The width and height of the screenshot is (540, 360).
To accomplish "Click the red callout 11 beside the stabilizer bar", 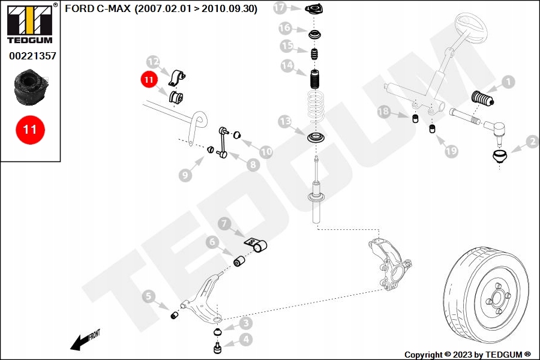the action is (x=149, y=80).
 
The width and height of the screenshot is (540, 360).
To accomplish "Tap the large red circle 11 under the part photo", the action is (x=30, y=130).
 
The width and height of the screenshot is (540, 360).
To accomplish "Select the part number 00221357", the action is (x=32, y=56).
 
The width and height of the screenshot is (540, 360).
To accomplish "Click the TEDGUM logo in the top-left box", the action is (x=30, y=24).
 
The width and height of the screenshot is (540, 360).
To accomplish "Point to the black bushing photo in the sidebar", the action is (x=30, y=87).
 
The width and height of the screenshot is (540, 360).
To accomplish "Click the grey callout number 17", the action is (x=280, y=8).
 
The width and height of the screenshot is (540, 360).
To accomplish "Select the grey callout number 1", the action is (x=508, y=82).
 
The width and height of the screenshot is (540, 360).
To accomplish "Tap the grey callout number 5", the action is (x=148, y=296).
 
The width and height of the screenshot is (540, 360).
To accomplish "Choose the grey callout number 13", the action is (x=285, y=122).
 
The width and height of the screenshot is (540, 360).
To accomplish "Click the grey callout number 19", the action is (x=451, y=151).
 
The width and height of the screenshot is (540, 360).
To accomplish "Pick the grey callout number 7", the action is (x=224, y=224).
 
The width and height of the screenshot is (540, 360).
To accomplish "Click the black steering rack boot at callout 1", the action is (x=482, y=98).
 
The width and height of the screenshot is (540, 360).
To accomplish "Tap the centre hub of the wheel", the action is (x=497, y=297).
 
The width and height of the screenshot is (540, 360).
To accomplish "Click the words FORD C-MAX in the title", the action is (x=98, y=8).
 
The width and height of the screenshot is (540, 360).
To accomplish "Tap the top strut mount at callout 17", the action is (x=314, y=8).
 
